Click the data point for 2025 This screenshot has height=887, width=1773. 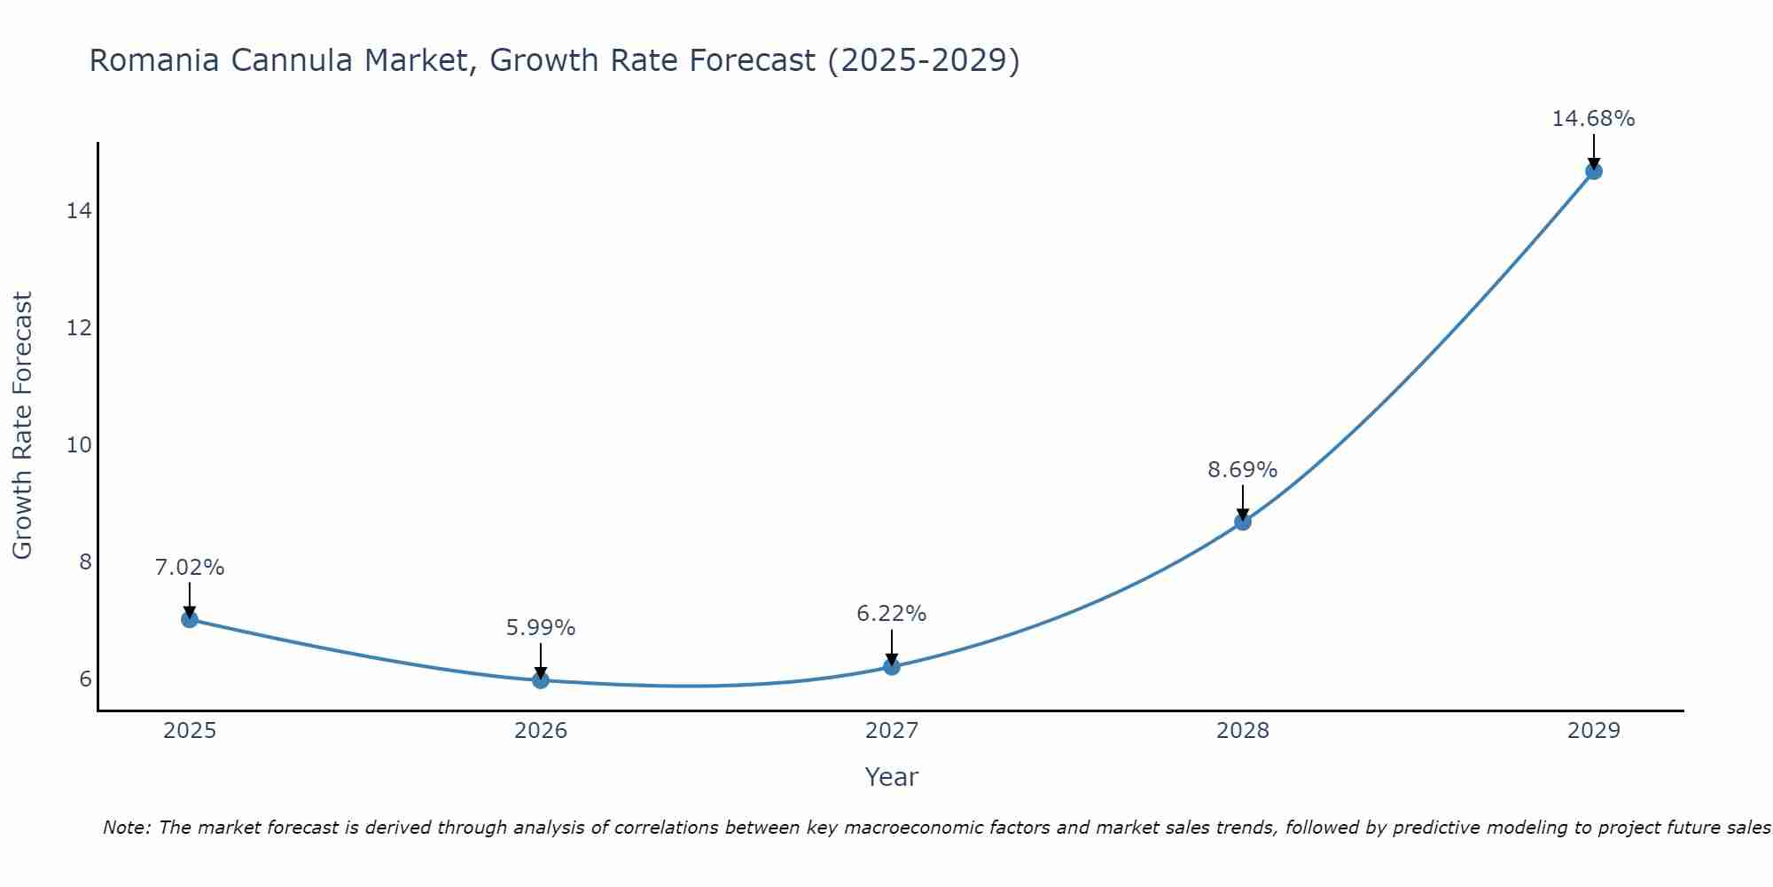pyautogui.click(x=190, y=619)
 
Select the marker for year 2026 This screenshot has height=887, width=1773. pyautogui.click(x=541, y=680)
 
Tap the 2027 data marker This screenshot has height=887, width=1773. pyautogui.click(x=892, y=666)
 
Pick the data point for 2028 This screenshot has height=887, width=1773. pyautogui.click(x=1243, y=522)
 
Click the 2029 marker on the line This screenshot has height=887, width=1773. pyautogui.click(x=1594, y=171)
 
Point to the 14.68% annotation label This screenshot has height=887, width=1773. pyautogui.click(x=1593, y=119)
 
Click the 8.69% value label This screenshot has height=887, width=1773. pyautogui.click(x=1242, y=470)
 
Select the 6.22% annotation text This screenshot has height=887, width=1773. pyautogui.click(x=891, y=614)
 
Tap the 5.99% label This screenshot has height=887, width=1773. pyautogui.click(x=541, y=628)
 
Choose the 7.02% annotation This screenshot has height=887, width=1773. pyautogui.click(x=190, y=568)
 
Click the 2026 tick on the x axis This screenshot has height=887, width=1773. pyautogui.click(x=541, y=731)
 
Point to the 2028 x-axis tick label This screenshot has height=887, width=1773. pyautogui.click(x=1243, y=731)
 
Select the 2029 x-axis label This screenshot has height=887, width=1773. pyautogui.click(x=1594, y=731)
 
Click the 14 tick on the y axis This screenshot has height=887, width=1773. pyautogui.click(x=79, y=211)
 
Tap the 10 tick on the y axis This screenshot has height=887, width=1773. pyautogui.click(x=79, y=445)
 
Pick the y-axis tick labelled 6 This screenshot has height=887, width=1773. pyautogui.click(x=85, y=679)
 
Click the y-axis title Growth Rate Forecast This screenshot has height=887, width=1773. pyautogui.click(x=23, y=426)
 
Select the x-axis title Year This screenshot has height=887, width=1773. pyautogui.click(x=891, y=777)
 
